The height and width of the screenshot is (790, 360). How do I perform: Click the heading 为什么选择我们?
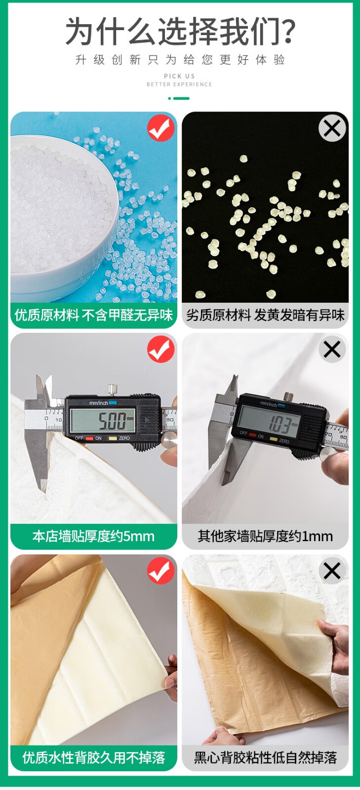click(x=180, y=32)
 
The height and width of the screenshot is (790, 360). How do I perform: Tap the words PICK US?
click(x=179, y=76)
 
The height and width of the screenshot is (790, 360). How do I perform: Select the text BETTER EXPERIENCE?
click(x=179, y=84)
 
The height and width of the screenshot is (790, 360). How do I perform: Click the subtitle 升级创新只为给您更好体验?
click(x=180, y=60)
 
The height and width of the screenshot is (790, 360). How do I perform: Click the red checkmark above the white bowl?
click(x=161, y=128)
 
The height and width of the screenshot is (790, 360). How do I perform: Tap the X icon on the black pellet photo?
click(x=332, y=128)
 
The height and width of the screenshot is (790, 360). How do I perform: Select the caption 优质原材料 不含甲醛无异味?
click(x=94, y=315)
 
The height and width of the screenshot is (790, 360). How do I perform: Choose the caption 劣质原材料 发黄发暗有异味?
click(x=265, y=315)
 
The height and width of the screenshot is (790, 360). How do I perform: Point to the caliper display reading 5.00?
click(x=103, y=420)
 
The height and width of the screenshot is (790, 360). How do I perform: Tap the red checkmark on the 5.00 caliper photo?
click(x=161, y=349)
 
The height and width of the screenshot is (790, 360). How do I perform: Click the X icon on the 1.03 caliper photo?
click(x=332, y=349)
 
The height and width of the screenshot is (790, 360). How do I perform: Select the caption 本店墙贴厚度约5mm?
click(x=93, y=536)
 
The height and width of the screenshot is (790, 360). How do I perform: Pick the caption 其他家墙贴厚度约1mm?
click(x=265, y=536)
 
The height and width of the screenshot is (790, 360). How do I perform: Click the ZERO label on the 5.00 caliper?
click(x=124, y=438)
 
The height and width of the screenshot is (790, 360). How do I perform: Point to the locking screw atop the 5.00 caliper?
click(x=113, y=390)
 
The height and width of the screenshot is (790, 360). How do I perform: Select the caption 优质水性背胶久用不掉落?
click(x=94, y=757)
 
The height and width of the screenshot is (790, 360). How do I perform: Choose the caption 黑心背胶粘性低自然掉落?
click(x=265, y=757)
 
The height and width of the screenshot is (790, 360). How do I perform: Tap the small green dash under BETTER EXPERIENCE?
click(x=179, y=98)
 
